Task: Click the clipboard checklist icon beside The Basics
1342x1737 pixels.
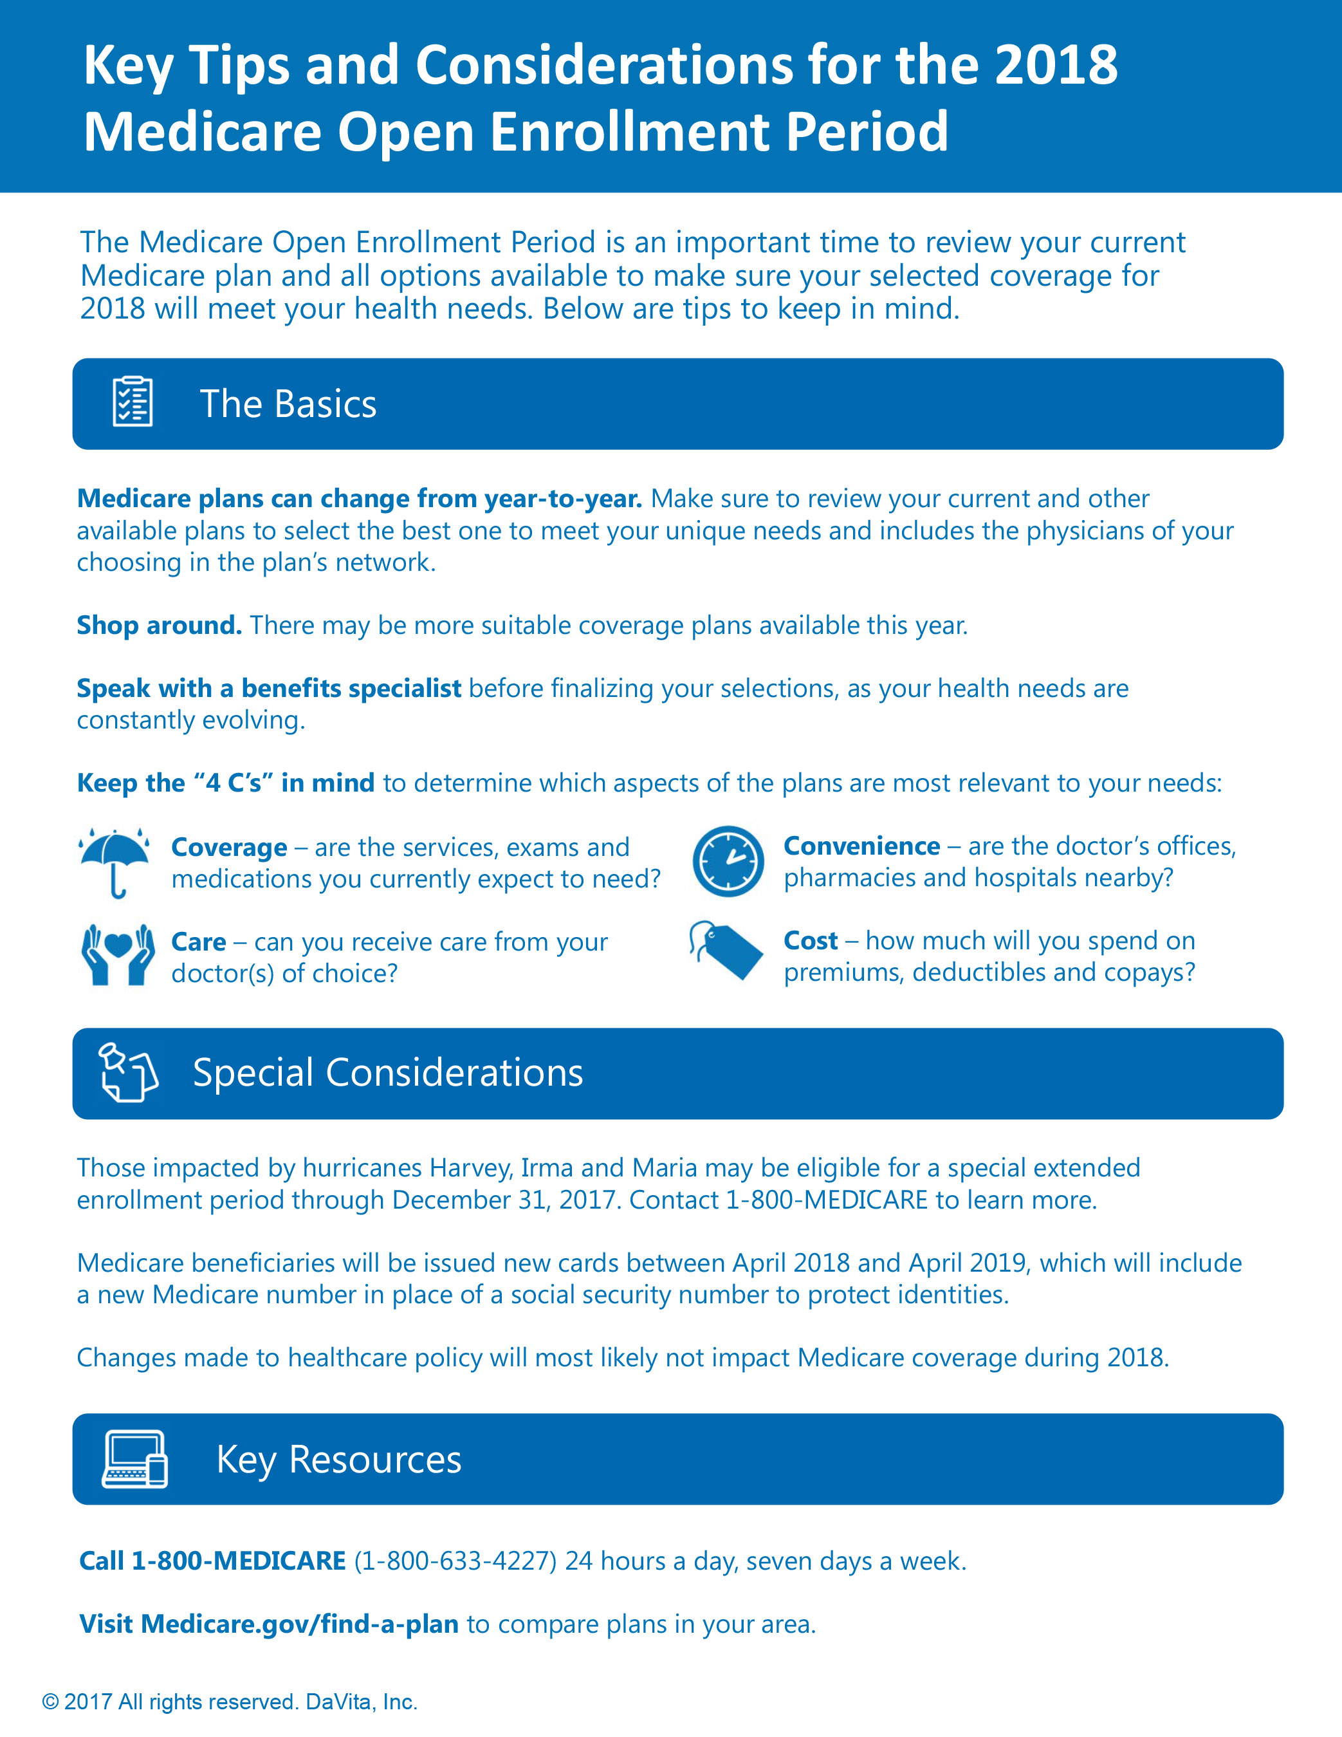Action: [132, 402]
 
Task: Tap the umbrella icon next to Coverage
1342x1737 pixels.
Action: [115, 860]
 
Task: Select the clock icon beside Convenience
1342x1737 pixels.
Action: [728, 861]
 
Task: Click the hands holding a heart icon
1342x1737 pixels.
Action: [118, 954]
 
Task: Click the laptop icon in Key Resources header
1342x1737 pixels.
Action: [135, 1458]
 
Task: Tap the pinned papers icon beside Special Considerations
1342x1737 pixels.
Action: [127, 1072]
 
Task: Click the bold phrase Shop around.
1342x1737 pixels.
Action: [159, 625]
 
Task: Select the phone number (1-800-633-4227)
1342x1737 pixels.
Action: [455, 1561]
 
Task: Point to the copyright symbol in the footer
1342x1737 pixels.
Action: [50, 1702]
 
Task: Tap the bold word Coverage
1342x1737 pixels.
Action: [229, 847]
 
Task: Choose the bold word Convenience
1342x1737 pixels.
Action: [862, 846]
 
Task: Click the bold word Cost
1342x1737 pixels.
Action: [810, 940]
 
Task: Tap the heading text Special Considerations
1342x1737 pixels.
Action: [388, 1072]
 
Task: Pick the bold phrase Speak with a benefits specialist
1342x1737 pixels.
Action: [269, 688]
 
